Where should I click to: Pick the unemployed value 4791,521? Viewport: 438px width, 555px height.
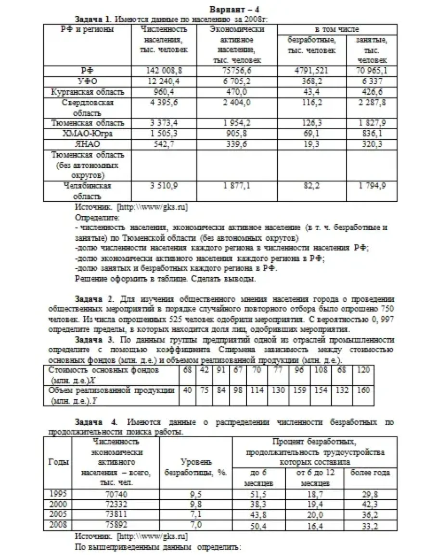[311, 71]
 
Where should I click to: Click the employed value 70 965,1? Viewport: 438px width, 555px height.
[372, 71]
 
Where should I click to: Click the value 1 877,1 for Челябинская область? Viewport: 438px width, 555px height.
[239, 185]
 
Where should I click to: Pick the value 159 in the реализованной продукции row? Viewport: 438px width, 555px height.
[299, 390]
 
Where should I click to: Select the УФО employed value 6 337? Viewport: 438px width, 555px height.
[372, 81]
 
